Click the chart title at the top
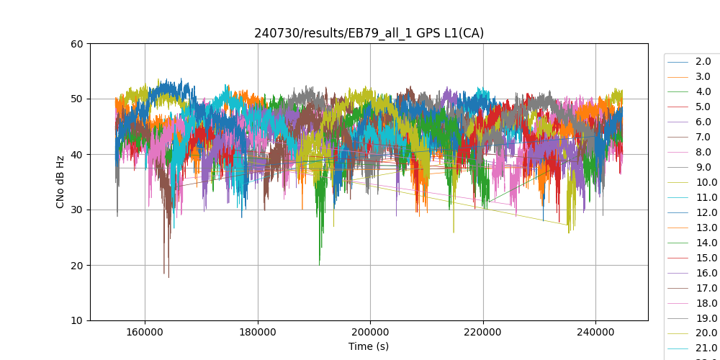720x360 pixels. (369, 33)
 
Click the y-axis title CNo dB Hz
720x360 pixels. (60, 182)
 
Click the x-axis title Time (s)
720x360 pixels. (369, 346)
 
